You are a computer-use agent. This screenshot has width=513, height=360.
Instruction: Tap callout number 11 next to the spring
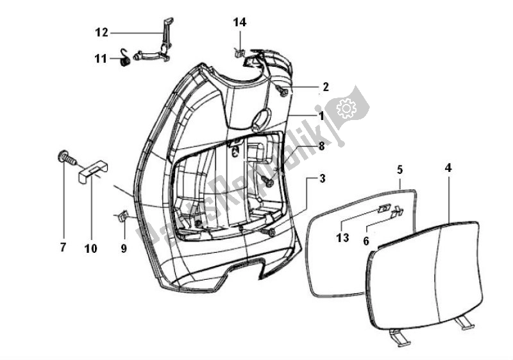101,59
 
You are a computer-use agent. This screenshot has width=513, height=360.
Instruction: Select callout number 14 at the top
239,22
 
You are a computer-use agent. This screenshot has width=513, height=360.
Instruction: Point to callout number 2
325,87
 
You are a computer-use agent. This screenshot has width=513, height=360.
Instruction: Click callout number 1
339,116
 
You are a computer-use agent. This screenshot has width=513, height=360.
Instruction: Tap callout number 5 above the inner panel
399,170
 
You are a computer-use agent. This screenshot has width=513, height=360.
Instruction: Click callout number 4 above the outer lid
448,169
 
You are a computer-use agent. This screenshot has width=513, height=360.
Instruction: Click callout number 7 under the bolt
63,248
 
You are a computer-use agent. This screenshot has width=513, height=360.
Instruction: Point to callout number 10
91,248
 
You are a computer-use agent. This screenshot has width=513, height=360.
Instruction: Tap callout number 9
124,248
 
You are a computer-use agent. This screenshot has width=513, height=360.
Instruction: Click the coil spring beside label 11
125,59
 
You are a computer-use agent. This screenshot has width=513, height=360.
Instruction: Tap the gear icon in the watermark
346,109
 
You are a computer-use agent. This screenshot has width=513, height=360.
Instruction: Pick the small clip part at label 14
238,52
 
